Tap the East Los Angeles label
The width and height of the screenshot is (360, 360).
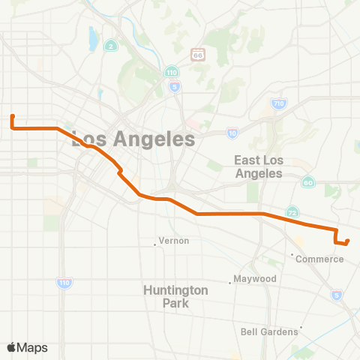point(257,166)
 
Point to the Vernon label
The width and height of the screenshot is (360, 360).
point(174,241)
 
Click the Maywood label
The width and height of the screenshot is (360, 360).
point(256,279)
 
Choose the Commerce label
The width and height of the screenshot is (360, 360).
point(319,259)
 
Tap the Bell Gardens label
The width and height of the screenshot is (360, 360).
point(270,331)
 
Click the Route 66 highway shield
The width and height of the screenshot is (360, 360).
point(198,55)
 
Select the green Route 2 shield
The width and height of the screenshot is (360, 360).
point(110,46)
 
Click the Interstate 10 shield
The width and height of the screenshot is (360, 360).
point(232,133)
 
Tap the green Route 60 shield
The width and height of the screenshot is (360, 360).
point(308,182)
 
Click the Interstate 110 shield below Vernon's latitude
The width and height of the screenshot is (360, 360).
point(63,283)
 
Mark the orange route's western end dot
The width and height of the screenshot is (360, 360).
point(13,116)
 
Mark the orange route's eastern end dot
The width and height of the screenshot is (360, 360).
point(348,241)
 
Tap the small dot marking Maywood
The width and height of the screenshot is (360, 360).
point(230,283)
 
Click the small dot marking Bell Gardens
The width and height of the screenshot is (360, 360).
point(301,327)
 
